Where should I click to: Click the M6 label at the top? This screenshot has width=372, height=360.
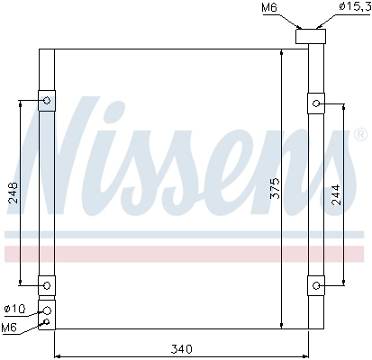tap(269, 8)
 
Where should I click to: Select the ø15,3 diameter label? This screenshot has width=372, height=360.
tap(351, 8)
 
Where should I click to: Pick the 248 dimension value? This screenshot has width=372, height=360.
tap(13, 193)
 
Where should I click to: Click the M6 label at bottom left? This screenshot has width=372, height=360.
tap(10, 327)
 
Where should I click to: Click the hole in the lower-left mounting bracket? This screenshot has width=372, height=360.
tap(46, 285)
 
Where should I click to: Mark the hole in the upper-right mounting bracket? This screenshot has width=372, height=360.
tap(316, 103)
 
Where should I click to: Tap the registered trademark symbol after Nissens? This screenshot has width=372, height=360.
tap(360, 134)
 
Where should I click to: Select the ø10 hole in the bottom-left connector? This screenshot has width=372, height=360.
tap(47, 310)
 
